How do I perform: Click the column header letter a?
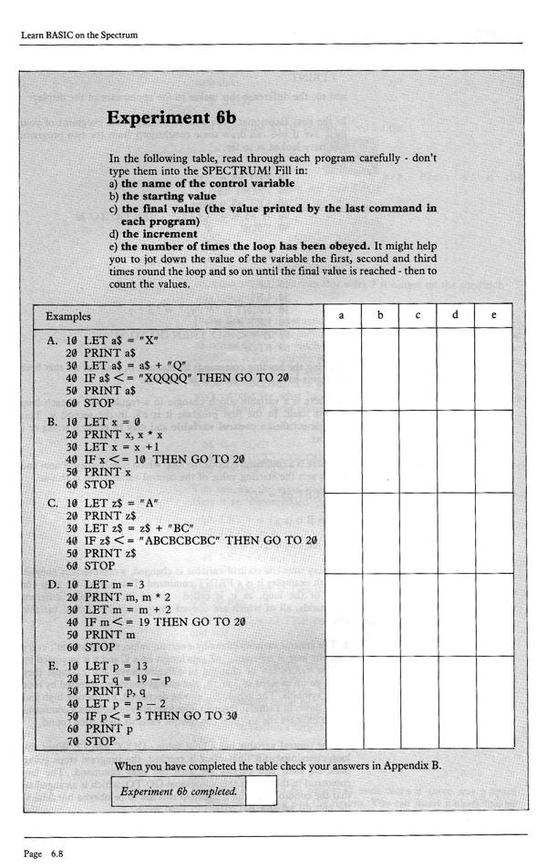[341, 315]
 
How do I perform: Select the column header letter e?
[493, 315]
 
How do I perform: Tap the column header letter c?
[418, 315]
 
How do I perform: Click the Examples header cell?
[68, 317]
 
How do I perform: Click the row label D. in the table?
[53, 584]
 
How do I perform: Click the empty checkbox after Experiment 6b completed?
[261, 791]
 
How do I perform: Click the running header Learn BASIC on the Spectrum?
[79, 36]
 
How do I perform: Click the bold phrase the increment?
[160, 233]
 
